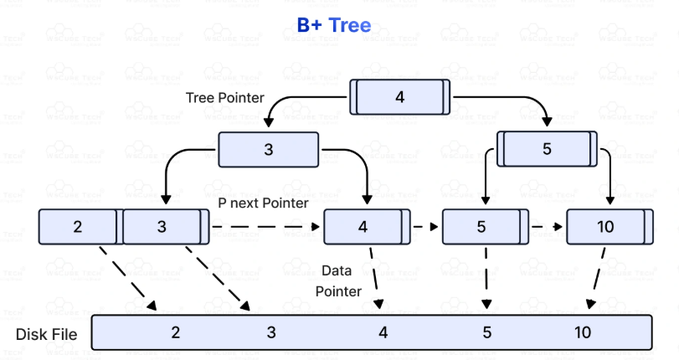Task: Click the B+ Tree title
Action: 333,26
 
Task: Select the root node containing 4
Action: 399,96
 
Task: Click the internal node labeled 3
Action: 268,150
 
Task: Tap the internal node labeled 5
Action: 547,149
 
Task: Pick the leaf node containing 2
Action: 78,227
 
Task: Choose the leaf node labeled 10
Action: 606,227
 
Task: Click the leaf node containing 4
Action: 363,227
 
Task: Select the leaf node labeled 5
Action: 481,227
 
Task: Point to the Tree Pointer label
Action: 224,98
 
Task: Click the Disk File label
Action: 47,335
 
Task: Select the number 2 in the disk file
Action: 176,332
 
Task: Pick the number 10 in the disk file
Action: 583,332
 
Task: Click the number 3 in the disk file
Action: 271,332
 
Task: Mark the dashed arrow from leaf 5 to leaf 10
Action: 548,227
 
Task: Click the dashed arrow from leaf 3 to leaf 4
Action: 265,227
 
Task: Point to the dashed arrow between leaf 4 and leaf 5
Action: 425,227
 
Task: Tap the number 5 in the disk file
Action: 486,332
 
